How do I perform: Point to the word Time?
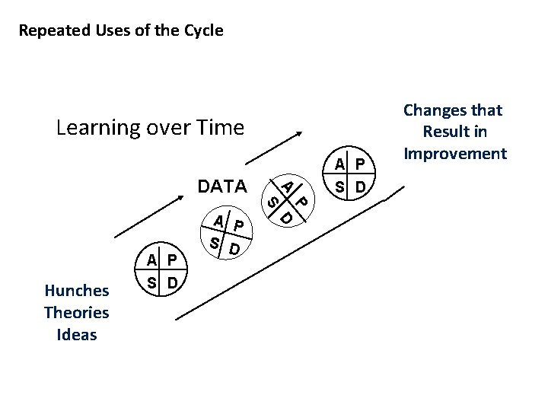pos(219,127)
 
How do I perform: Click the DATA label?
pos(222,186)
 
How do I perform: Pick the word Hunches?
pos(77,290)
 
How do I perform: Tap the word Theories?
pos(77,312)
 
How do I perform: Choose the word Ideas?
pos(77,335)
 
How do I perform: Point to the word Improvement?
pos(455,154)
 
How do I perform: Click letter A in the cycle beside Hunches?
pos(152,260)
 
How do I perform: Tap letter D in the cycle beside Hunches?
pos(173,283)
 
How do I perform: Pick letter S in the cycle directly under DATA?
pos(216,244)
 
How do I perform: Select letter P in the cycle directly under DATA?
pos(240,225)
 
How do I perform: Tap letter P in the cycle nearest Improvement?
pos(359,164)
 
